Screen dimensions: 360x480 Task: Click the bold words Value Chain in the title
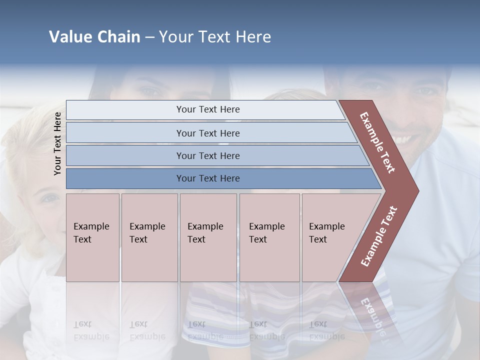[x=94, y=37]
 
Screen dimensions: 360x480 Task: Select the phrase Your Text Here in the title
[x=215, y=37]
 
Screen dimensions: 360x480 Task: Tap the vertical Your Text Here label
[x=57, y=143]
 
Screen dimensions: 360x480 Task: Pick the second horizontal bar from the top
[x=207, y=133]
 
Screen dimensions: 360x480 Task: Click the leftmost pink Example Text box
[x=92, y=237]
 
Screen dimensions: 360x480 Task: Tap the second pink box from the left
[x=149, y=237]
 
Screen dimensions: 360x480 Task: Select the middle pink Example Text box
[x=208, y=237]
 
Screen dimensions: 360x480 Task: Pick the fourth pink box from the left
[x=269, y=237]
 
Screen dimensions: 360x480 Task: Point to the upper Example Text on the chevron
[x=377, y=142]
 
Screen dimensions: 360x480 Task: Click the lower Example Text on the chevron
[x=378, y=236]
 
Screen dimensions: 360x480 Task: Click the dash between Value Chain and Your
[x=149, y=37]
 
